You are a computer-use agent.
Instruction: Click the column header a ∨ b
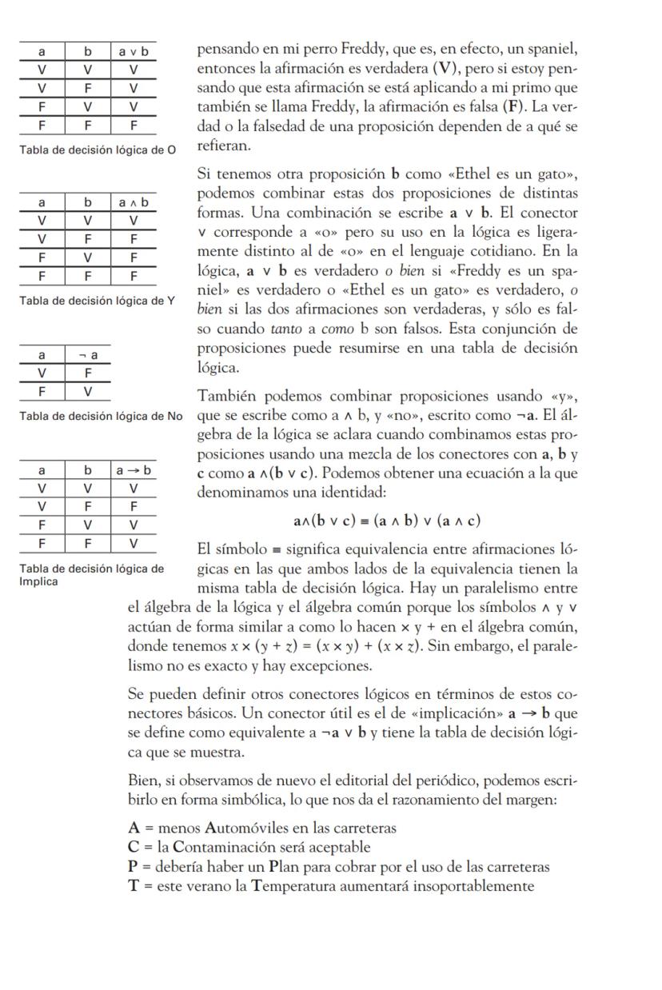pos(132,52)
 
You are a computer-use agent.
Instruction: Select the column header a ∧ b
pos(132,203)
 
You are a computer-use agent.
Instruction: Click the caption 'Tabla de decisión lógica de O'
pos(97,150)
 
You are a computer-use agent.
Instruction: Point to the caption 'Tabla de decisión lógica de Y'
pos(97,301)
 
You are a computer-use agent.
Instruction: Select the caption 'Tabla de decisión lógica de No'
pos(101,415)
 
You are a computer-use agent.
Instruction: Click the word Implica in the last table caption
pos(38,581)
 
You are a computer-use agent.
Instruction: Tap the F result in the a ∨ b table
pos(132,125)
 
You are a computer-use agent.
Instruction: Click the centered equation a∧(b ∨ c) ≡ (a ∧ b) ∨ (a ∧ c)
pos(387,521)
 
